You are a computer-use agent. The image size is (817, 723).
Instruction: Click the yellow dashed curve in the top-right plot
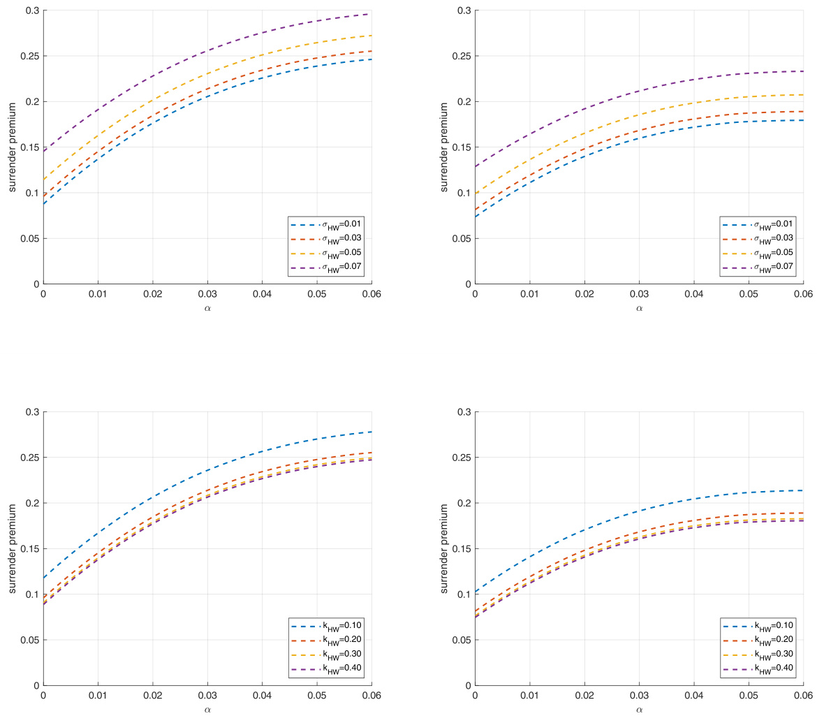pyautogui.click(x=639, y=114)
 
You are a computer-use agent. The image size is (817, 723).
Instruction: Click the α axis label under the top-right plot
pyautogui.click(x=639, y=307)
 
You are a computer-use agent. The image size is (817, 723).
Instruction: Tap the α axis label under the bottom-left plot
pyautogui.click(x=207, y=709)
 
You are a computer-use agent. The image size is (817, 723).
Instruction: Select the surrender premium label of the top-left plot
pyautogui.click(x=13, y=147)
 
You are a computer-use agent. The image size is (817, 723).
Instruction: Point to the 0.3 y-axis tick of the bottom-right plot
pyautogui.click(x=462, y=412)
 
